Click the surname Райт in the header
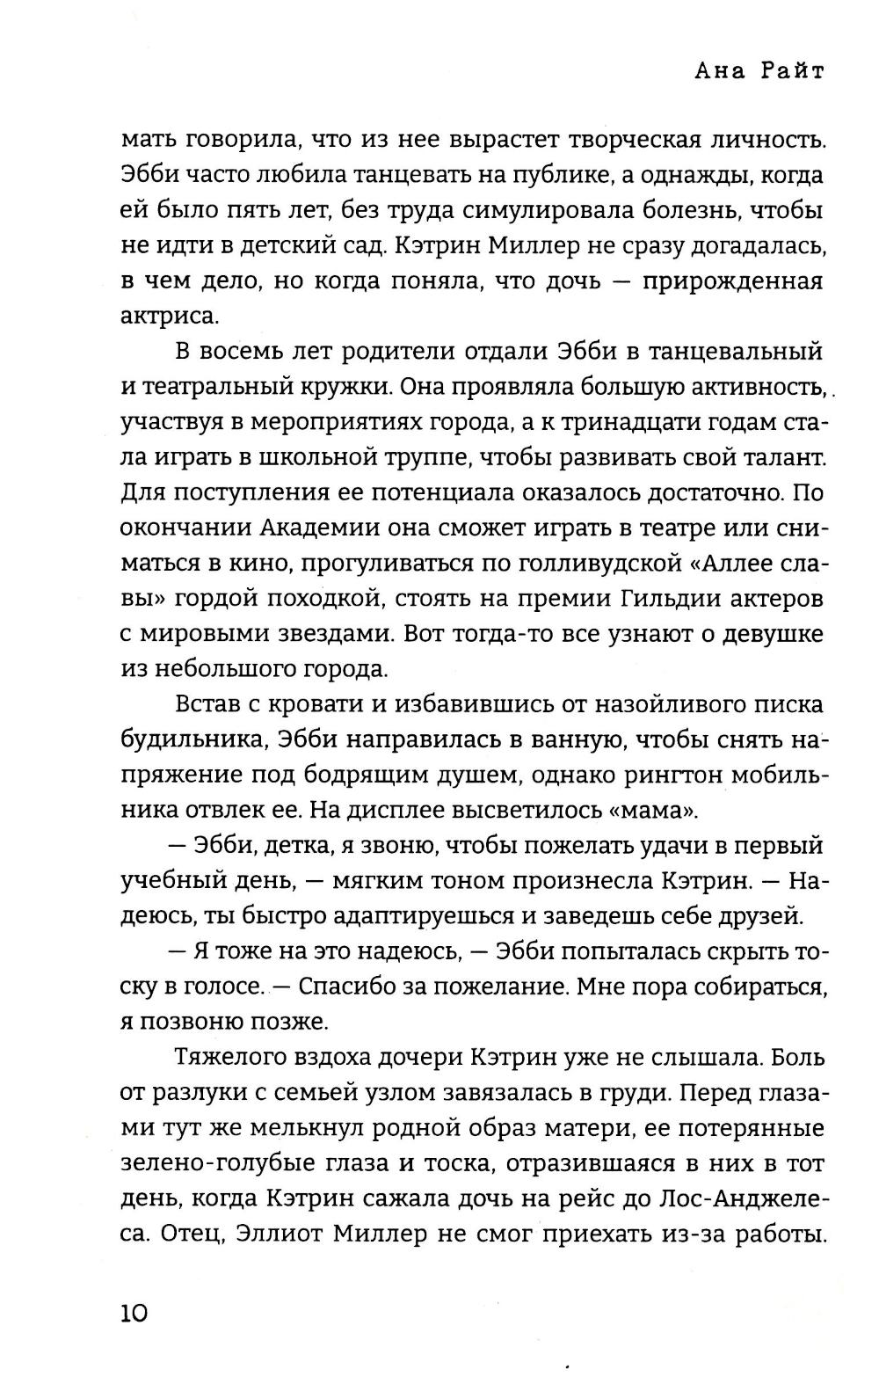pos(790,72)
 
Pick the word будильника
pos(191,739)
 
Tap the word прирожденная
pos(732,281)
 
